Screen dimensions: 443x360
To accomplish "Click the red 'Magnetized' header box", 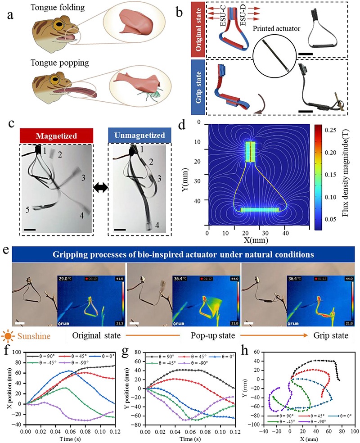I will [56, 135].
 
